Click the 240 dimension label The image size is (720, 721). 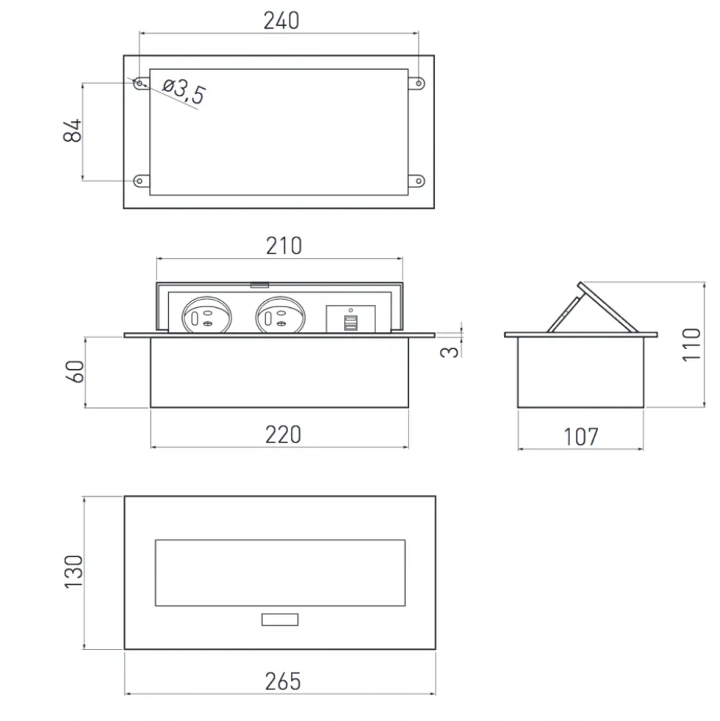click(281, 21)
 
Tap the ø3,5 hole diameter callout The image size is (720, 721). click(184, 90)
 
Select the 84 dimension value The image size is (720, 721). click(72, 131)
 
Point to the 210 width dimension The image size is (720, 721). click(284, 246)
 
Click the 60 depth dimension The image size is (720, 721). click(75, 371)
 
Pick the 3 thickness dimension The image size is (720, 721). click(449, 352)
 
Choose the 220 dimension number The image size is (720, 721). click(283, 434)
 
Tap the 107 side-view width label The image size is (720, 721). click(580, 437)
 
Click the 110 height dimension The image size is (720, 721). click(691, 345)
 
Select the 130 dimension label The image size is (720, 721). click(73, 572)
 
